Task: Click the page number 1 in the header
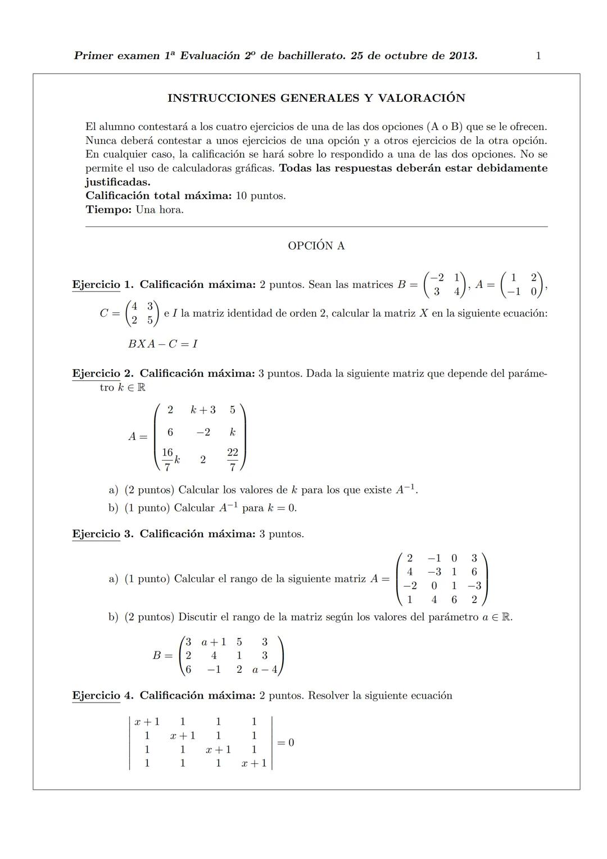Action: [538, 56]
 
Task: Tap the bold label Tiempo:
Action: [109, 210]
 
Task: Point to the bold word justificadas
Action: [117, 182]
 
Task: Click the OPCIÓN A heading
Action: [316, 246]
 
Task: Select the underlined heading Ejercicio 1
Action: [96, 285]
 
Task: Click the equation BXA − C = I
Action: [163, 344]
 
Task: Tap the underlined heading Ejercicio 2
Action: [96, 374]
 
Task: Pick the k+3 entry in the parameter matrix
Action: [203, 410]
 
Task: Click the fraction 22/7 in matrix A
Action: [233, 459]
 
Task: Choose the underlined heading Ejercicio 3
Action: [96, 534]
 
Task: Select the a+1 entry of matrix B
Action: [214, 642]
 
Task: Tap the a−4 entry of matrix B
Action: [265, 669]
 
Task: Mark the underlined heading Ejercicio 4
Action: [96, 696]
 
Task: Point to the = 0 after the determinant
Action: [286, 743]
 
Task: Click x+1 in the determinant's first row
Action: [147, 722]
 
